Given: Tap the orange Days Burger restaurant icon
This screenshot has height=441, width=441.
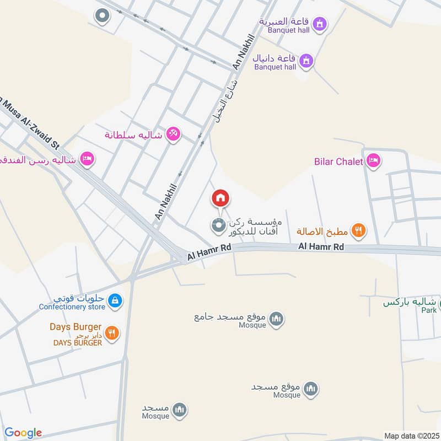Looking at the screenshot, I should click(112, 332).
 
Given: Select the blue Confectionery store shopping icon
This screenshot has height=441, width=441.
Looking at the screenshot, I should click(115, 300).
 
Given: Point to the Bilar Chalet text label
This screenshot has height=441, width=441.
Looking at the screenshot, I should click(338, 162).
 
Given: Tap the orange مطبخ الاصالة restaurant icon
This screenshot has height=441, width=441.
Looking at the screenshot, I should click(358, 231).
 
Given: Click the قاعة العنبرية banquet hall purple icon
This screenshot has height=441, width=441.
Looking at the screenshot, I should click(319, 24).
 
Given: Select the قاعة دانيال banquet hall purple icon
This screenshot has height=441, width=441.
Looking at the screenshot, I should click(307, 60).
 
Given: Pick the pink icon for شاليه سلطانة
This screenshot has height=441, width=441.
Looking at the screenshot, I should click(173, 134).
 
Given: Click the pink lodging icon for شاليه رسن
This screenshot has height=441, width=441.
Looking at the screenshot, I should click(87, 160).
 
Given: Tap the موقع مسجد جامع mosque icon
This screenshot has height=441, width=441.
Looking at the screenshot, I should click(277, 318).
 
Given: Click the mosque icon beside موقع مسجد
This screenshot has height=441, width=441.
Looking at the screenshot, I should click(311, 389).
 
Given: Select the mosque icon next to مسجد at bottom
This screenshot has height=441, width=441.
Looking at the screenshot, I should click(180, 410).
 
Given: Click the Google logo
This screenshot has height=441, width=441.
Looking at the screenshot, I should click(23, 433).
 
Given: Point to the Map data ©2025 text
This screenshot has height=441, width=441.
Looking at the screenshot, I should click(410, 435).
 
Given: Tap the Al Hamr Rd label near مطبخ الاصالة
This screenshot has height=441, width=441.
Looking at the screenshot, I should click(321, 247).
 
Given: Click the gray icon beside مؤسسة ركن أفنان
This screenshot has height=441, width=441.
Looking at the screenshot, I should click(219, 225).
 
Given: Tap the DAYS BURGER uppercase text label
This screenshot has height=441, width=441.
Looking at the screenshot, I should click(77, 342).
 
